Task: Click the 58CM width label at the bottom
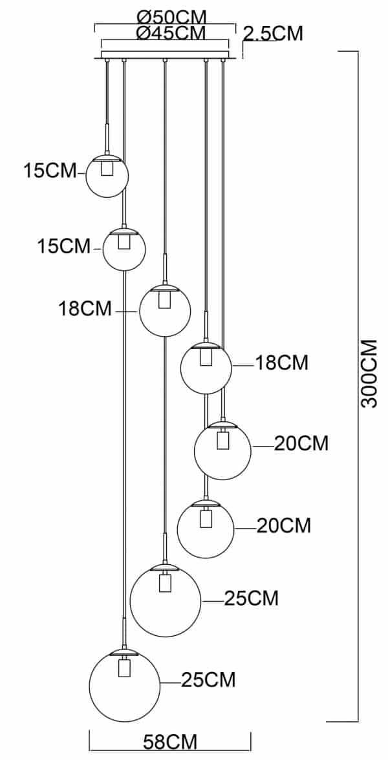point(169,743)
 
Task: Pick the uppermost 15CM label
point(50,171)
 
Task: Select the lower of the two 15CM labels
point(64,246)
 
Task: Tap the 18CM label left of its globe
point(85,309)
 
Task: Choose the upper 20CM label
point(301,443)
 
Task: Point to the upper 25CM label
point(252,598)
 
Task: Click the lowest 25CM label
point(208,680)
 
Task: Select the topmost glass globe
point(107,176)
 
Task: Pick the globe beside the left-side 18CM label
point(165,311)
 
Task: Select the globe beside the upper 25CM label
point(166,601)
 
